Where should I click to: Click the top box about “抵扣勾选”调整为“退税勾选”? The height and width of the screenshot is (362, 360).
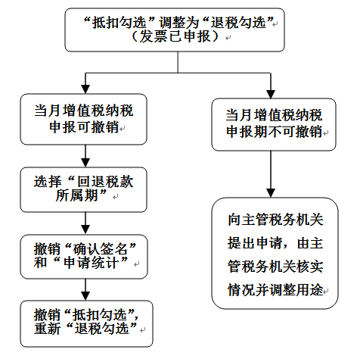click(x=175, y=30)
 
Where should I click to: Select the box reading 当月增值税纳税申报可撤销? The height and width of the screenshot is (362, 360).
click(x=84, y=119)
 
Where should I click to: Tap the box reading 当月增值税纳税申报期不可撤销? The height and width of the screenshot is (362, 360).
click(x=274, y=124)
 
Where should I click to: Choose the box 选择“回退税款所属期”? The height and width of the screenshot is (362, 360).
click(x=84, y=189)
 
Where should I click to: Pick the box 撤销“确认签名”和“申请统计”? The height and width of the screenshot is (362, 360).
click(x=84, y=257)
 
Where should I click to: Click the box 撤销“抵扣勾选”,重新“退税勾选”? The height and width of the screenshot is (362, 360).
click(x=87, y=323)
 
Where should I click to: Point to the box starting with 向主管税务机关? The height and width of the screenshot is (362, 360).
click(x=275, y=253)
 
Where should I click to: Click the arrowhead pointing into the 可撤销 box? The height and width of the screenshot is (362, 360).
click(x=85, y=89)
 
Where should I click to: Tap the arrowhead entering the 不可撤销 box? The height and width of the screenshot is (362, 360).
click(x=271, y=94)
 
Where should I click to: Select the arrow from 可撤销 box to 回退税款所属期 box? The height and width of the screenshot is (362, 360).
click(x=85, y=156)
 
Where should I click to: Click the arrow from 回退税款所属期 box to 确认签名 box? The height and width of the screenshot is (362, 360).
click(x=85, y=223)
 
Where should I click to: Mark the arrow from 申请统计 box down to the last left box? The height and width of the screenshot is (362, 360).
click(x=85, y=290)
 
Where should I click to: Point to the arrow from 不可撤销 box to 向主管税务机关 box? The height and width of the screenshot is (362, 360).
click(x=271, y=174)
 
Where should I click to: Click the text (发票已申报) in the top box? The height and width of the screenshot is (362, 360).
click(x=175, y=36)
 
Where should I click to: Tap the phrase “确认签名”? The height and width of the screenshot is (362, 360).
click(x=101, y=249)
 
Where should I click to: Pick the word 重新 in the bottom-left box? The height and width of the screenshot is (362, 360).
click(x=48, y=329)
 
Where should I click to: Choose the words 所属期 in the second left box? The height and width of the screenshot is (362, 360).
click(x=76, y=195)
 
